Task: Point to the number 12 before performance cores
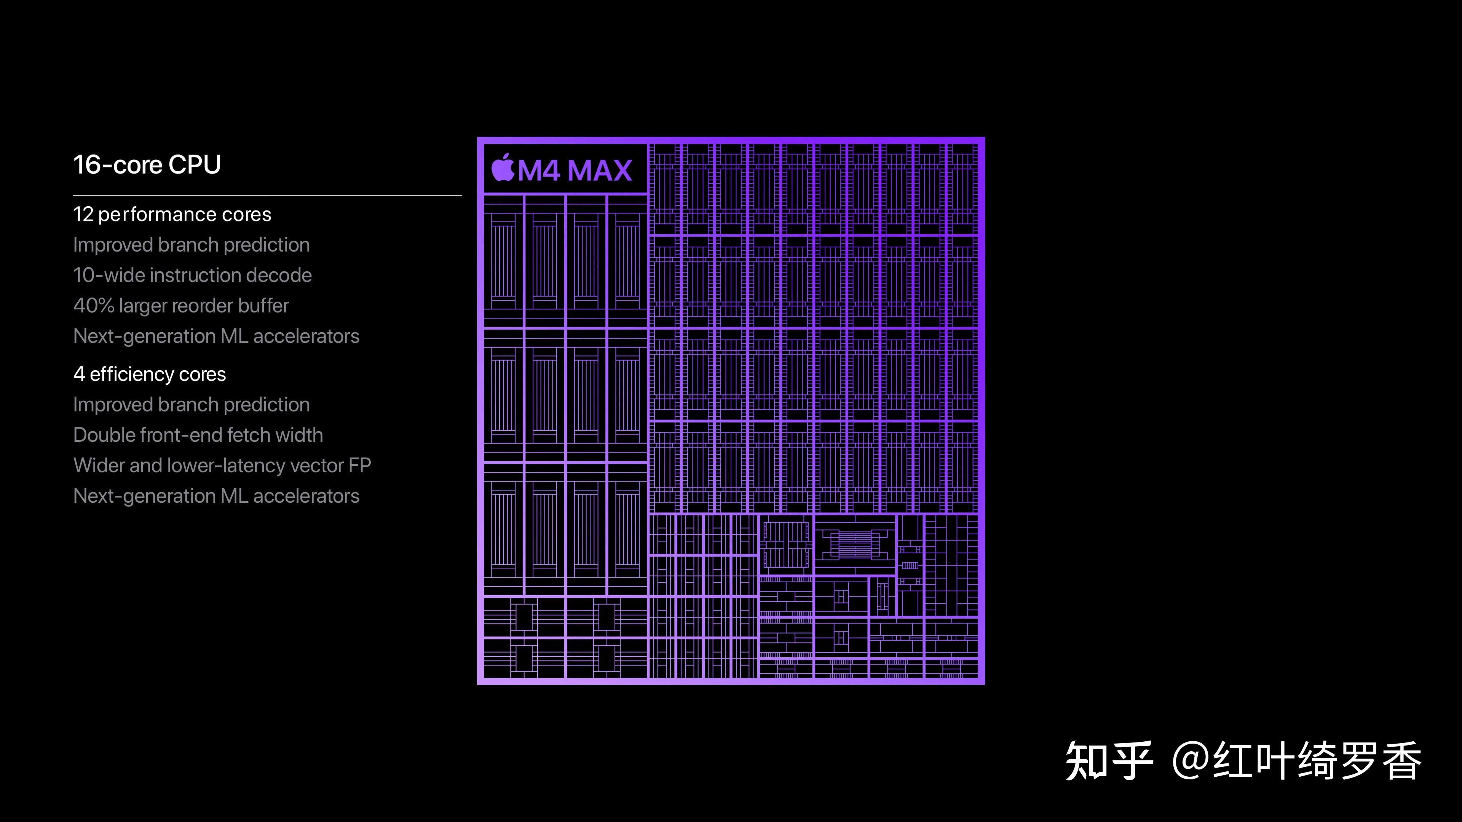[x=83, y=214]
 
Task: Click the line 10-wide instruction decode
[x=192, y=275]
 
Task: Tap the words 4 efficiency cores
[x=149, y=374]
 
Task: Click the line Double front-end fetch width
[x=198, y=435]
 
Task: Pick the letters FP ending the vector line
[x=359, y=466]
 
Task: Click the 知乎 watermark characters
[x=1108, y=761]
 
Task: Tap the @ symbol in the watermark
[x=1190, y=761]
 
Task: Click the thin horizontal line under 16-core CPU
[x=267, y=195]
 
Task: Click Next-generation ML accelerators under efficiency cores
[x=216, y=496]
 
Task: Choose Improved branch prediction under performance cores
[x=191, y=245]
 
